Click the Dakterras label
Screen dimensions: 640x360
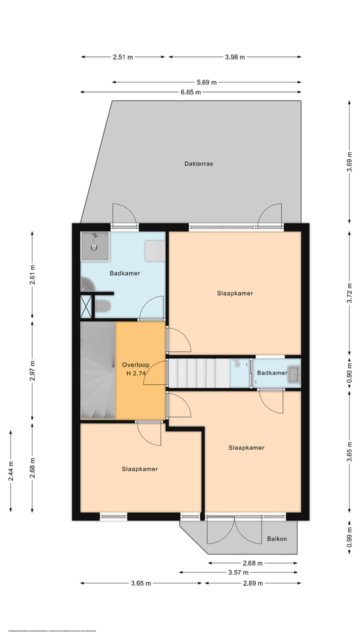tap(198, 163)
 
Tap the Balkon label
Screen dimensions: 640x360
tap(276, 538)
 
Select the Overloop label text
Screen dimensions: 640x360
tap(135, 365)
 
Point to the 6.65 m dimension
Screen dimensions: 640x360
tap(190, 92)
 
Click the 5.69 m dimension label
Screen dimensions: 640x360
tap(206, 82)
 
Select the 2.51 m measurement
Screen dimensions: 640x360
tap(123, 57)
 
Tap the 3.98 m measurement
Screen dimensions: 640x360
tap(235, 57)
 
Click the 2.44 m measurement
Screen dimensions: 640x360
tap(10, 470)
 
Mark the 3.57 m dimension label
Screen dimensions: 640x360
tap(238, 572)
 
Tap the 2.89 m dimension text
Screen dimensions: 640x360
tap(253, 583)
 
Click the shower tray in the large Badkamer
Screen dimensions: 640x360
tap(95, 246)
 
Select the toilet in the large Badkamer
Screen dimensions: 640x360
tap(102, 306)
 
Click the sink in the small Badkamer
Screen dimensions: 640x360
tap(294, 373)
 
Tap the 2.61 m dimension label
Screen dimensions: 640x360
tap(32, 274)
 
